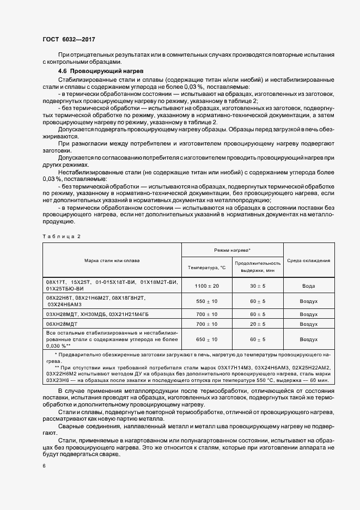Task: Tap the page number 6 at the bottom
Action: (44, 466)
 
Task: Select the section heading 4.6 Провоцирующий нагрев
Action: (100, 71)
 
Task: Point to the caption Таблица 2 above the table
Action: (61, 236)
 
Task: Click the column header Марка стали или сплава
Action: (112, 260)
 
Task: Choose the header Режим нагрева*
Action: (232, 249)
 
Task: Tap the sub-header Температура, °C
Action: (206, 268)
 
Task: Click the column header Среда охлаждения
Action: (309, 260)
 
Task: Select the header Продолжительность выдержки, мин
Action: (258, 267)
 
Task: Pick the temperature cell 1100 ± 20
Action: (206, 286)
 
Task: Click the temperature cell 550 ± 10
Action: (206, 302)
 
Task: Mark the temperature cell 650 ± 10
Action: (206, 339)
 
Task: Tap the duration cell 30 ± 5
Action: (258, 286)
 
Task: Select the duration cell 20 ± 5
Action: (258, 324)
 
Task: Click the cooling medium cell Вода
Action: (309, 286)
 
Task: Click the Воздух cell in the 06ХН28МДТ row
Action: (309, 324)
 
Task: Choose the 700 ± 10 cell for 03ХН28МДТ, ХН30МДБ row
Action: (206, 314)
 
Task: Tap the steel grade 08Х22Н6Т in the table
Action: (59, 299)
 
